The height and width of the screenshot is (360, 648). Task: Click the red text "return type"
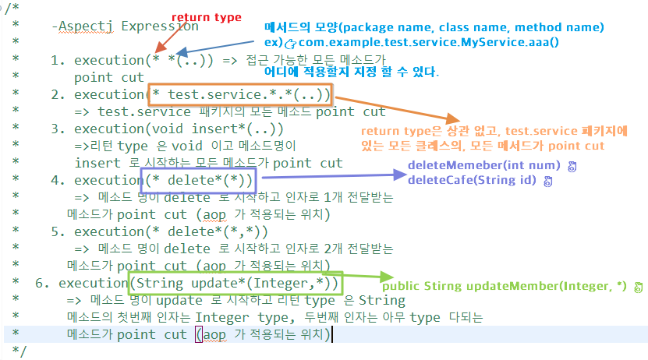tap(206, 17)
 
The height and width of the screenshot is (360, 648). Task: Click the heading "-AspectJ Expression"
tap(124, 26)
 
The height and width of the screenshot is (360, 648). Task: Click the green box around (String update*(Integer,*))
tap(234, 283)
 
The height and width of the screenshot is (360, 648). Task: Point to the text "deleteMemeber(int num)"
tap(483, 166)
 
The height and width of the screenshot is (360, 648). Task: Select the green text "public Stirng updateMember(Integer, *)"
tap(504, 286)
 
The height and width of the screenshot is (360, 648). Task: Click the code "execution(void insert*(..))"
tap(179, 129)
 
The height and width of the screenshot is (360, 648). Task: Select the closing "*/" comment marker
tap(20, 351)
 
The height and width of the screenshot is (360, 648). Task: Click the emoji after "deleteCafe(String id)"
tap(548, 181)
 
